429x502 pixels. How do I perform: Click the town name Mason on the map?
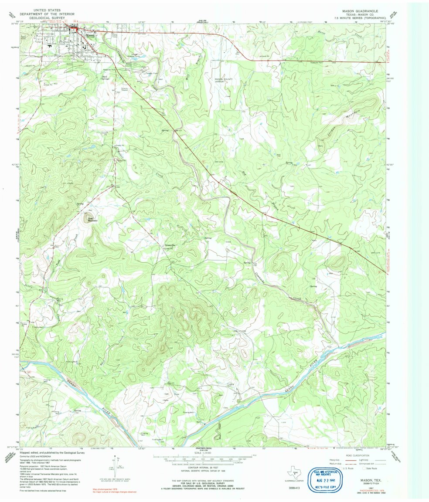(x=89, y=35)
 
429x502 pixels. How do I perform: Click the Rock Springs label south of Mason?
(x=105, y=77)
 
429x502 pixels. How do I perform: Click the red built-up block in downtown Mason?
(x=74, y=30)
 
